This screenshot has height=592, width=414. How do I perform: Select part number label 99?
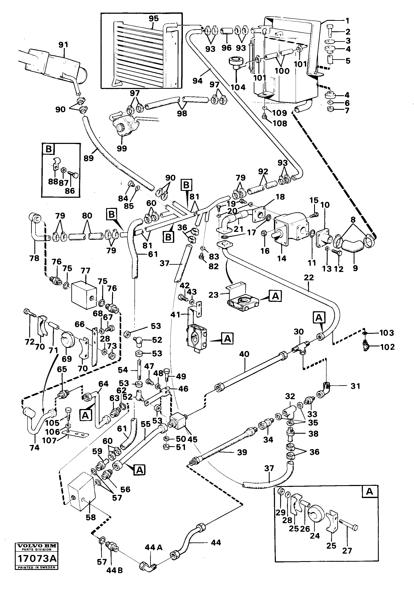pos(122,149)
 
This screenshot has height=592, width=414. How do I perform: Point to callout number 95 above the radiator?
pos(154,19)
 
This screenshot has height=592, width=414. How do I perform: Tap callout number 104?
pos(238,88)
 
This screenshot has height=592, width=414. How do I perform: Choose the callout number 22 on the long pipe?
pos(309,278)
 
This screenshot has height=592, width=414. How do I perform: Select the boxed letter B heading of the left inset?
pos(49,149)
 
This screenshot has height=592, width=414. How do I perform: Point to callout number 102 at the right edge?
pos(387,347)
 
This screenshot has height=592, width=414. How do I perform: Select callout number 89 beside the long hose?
pos(89,158)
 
